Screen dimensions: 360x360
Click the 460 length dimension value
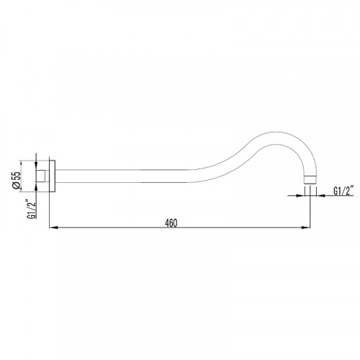[171, 223]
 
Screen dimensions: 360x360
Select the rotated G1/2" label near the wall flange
[32, 209]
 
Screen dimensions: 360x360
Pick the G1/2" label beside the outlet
[343, 191]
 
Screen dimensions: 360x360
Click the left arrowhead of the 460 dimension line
[53, 228]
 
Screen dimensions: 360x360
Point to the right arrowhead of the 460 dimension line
[306, 228]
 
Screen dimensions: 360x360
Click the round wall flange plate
[53, 176]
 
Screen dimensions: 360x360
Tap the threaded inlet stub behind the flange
[42, 176]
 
